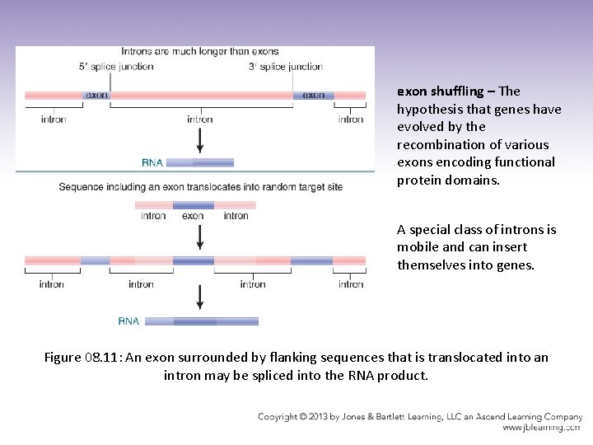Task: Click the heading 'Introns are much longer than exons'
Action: (200, 52)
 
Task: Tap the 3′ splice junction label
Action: (285, 67)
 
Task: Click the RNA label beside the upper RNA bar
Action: (152, 162)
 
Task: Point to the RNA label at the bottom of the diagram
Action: (129, 321)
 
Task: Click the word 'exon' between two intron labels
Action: (193, 216)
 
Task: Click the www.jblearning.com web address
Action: (540, 428)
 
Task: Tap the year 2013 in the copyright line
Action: (326, 417)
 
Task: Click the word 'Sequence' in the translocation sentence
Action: (82, 187)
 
